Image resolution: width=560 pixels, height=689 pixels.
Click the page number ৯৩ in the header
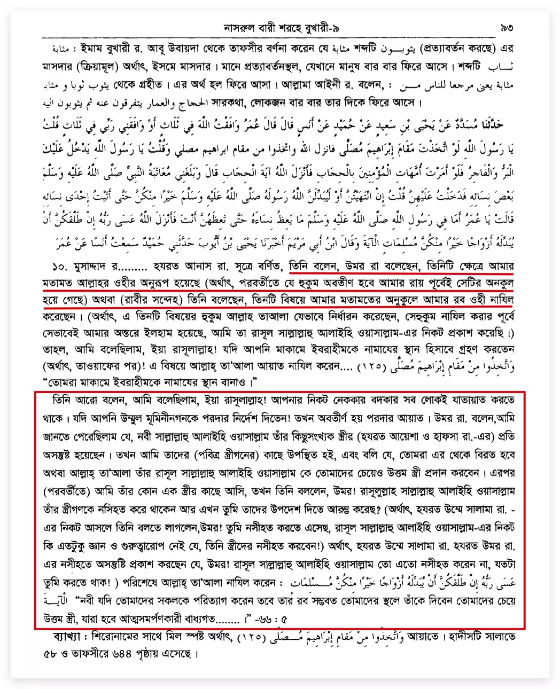point(507,27)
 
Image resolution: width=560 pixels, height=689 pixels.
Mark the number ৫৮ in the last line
point(54,653)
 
